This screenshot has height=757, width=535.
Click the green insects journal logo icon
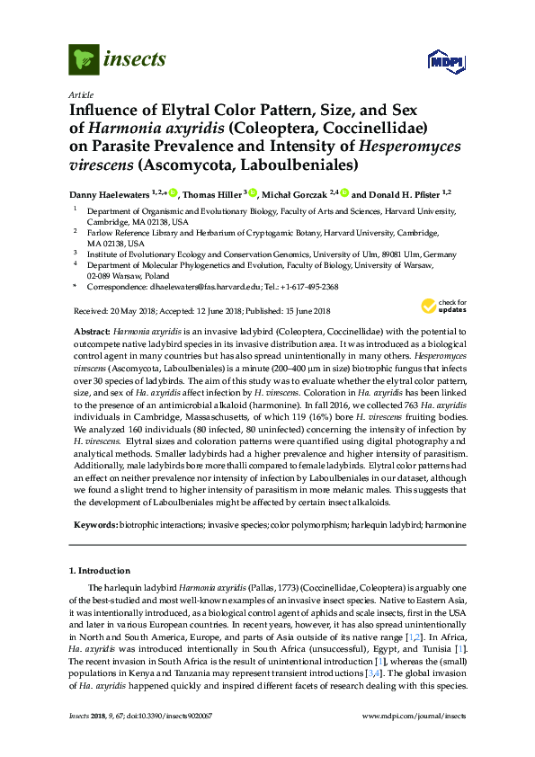click(82, 60)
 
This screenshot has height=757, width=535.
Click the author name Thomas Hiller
click(212, 193)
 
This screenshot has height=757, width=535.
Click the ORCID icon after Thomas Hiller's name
click(254, 192)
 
